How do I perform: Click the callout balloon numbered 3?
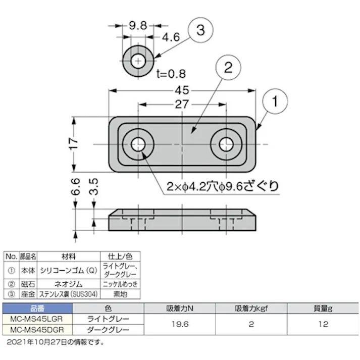pyautogui.click(x=200, y=31)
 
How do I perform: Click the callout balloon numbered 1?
pyautogui.click(x=275, y=101)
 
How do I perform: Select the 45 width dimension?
pyautogui.click(x=182, y=90)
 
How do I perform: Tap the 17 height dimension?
pyautogui.click(x=73, y=143)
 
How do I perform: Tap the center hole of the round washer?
pyautogui.click(x=138, y=61)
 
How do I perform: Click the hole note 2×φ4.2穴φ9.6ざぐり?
pyautogui.click(x=222, y=186)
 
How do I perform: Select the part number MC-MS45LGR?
pyautogui.click(x=37, y=319)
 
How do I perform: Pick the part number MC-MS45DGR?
pyautogui.click(x=37, y=329)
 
